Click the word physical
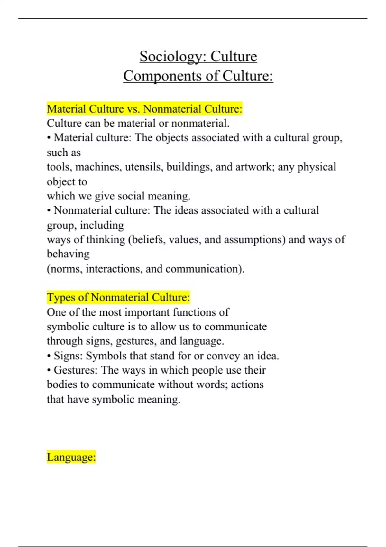click(317, 167)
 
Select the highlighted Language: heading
click(71, 457)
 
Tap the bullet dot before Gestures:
click(49, 371)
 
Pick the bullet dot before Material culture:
click(49, 138)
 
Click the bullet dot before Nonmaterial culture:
click(49, 211)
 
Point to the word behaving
click(68, 254)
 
